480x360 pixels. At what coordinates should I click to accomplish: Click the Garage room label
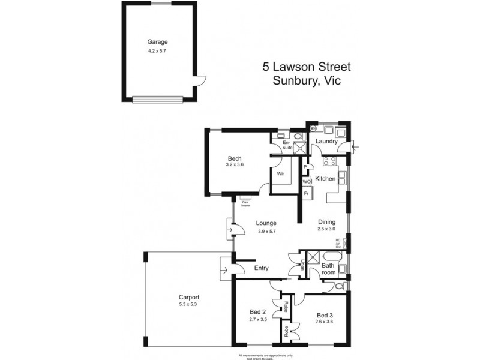158,42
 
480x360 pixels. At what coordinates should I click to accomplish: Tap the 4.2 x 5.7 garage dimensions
158,52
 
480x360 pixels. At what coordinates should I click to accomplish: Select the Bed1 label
233,157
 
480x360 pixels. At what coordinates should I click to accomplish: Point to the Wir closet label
280,174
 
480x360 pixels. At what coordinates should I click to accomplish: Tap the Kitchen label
325,179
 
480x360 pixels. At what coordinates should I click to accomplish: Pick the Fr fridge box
306,193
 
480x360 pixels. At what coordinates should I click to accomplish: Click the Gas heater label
246,203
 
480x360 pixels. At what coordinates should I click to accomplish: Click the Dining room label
326,221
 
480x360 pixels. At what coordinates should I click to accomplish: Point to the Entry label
262,268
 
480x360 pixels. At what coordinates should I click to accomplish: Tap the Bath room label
328,268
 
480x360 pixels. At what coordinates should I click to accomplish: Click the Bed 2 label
258,311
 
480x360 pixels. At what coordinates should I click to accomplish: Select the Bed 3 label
325,315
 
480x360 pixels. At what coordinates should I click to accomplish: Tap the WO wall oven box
306,181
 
